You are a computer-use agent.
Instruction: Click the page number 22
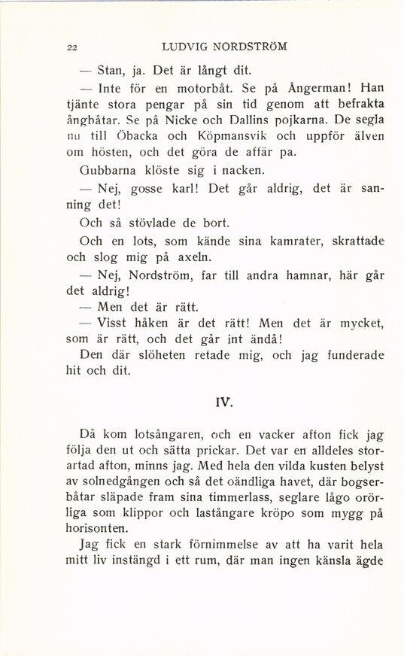coord(72,47)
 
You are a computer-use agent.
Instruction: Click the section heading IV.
coord(222,402)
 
